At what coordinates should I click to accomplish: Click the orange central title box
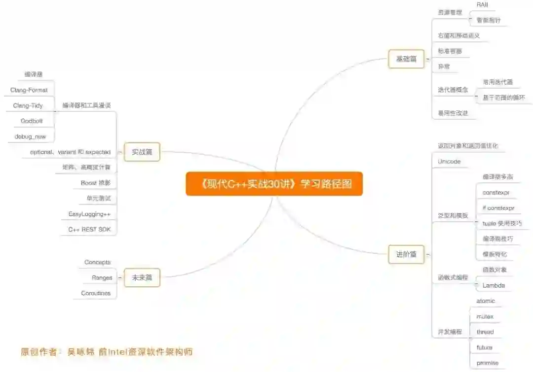coord(274,184)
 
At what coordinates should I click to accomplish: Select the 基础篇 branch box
coord(406,59)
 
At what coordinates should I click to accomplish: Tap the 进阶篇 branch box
coord(406,254)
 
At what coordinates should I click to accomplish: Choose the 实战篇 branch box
coord(142,152)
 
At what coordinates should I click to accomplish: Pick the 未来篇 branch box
coord(142,277)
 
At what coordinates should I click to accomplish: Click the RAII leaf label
coord(483,4)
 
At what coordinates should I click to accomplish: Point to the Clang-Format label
coord(29,90)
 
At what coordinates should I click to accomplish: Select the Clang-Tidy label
coord(28,105)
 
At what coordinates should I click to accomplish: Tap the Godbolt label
coord(32,121)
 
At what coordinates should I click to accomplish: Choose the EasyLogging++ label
coord(89,214)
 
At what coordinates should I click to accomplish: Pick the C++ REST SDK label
coord(89,229)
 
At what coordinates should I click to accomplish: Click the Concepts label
coord(98,262)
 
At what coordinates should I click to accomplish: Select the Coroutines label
coord(96,293)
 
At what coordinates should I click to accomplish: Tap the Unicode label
coord(449,162)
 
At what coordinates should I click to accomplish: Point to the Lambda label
coord(494,285)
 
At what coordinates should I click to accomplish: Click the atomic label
coord(486,301)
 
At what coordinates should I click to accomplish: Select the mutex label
coord(485,316)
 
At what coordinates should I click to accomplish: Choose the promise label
coord(487,363)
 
